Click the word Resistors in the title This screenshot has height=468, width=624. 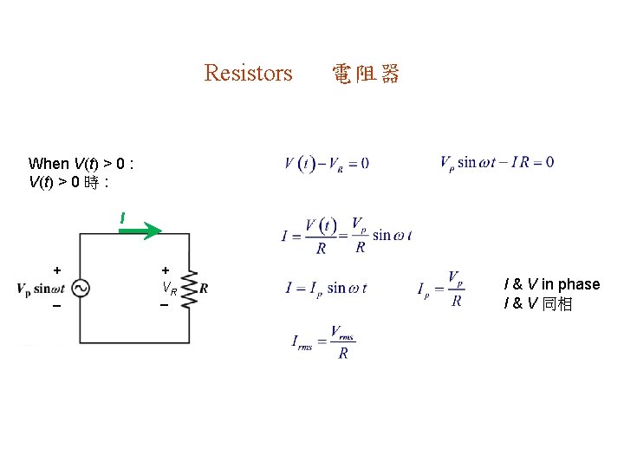click(248, 73)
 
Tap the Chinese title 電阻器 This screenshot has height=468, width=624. click(365, 74)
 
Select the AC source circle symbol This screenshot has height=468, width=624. click(80, 289)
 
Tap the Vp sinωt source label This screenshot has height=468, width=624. click(41, 289)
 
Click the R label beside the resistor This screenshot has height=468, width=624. click(204, 289)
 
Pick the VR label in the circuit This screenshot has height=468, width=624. click(169, 289)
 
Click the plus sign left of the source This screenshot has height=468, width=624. click(56, 270)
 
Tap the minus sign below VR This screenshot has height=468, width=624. click(163, 305)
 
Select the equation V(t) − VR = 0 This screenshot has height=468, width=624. click(326, 163)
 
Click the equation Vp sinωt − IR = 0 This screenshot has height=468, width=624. click(497, 162)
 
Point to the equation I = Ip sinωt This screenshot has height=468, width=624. click(326, 288)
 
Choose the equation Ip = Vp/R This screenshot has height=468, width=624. click(441, 289)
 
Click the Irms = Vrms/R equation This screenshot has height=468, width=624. click(323, 342)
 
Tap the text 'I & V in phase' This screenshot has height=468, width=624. click(551, 284)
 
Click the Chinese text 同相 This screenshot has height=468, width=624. click(557, 304)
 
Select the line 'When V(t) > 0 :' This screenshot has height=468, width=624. click(81, 163)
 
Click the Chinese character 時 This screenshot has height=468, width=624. click(92, 183)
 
